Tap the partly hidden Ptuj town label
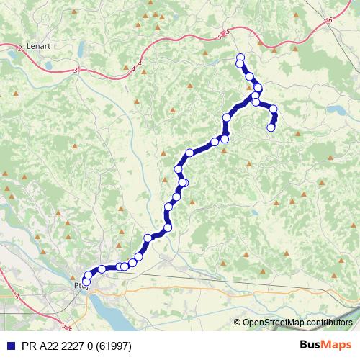(x=78, y=285)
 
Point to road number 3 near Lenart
(x=76, y=70)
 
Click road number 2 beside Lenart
(x=17, y=48)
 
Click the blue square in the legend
(x=9, y=346)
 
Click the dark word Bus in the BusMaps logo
(x=312, y=345)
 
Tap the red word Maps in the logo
(x=338, y=345)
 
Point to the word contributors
(x=328, y=323)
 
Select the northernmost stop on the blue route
(x=240, y=58)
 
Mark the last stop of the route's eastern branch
(x=271, y=127)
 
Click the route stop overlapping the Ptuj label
(x=86, y=283)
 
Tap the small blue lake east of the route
(x=336, y=110)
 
